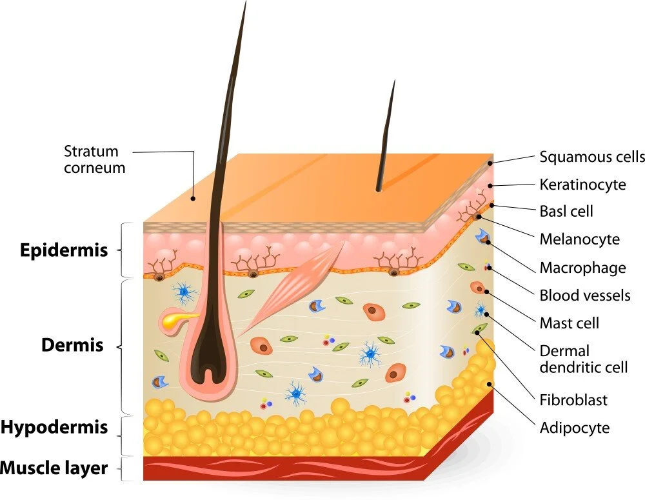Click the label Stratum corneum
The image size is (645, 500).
(x=94, y=159)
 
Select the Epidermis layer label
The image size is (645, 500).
(x=64, y=250)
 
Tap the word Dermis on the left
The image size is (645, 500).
(x=72, y=345)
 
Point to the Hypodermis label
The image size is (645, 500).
(x=54, y=427)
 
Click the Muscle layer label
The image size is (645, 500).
(x=54, y=468)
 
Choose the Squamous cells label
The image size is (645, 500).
(x=591, y=157)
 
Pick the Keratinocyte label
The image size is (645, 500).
(x=582, y=185)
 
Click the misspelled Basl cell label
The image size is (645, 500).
(x=566, y=211)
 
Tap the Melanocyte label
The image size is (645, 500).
(x=579, y=239)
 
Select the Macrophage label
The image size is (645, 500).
(x=582, y=267)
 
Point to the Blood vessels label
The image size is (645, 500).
(x=584, y=295)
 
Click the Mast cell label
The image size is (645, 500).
(x=569, y=323)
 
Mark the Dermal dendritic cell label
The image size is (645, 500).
(x=583, y=359)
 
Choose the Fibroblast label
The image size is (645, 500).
(x=573, y=400)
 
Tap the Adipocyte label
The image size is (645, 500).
(x=574, y=427)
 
